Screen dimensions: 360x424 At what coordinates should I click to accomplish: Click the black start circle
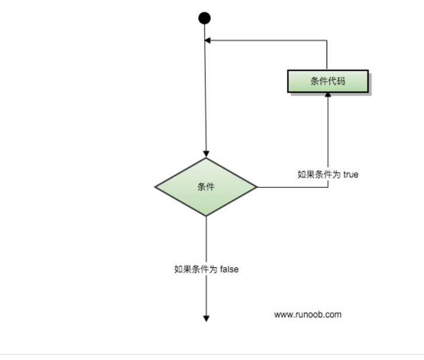[205, 18]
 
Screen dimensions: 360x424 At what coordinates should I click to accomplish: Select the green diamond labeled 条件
[206, 187]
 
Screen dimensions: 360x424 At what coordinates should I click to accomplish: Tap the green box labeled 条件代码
[328, 81]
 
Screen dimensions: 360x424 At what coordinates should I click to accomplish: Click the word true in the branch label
[351, 174]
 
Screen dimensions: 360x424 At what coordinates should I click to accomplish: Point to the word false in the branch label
[230, 270]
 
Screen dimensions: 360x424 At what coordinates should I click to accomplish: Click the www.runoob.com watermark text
[307, 314]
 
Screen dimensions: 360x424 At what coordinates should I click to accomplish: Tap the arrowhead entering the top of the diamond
[206, 153]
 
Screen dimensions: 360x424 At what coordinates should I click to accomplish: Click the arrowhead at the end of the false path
[206, 318]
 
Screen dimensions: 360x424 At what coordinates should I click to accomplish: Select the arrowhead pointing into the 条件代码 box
[328, 96]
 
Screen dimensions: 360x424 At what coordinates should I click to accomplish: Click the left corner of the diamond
[156, 187]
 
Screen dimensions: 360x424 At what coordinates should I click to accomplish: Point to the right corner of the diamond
[256, 187]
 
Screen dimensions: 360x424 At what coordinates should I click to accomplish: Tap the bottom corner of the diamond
[206, 215]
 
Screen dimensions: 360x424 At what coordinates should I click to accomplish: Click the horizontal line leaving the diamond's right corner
[292, 187]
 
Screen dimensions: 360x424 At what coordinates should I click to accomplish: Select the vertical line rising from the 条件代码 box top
[327, 55]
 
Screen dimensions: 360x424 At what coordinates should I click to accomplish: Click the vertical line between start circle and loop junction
[205, 32]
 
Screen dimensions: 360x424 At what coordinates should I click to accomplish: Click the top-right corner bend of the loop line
[327, 41]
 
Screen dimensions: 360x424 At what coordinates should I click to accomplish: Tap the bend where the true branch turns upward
[328, 187]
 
